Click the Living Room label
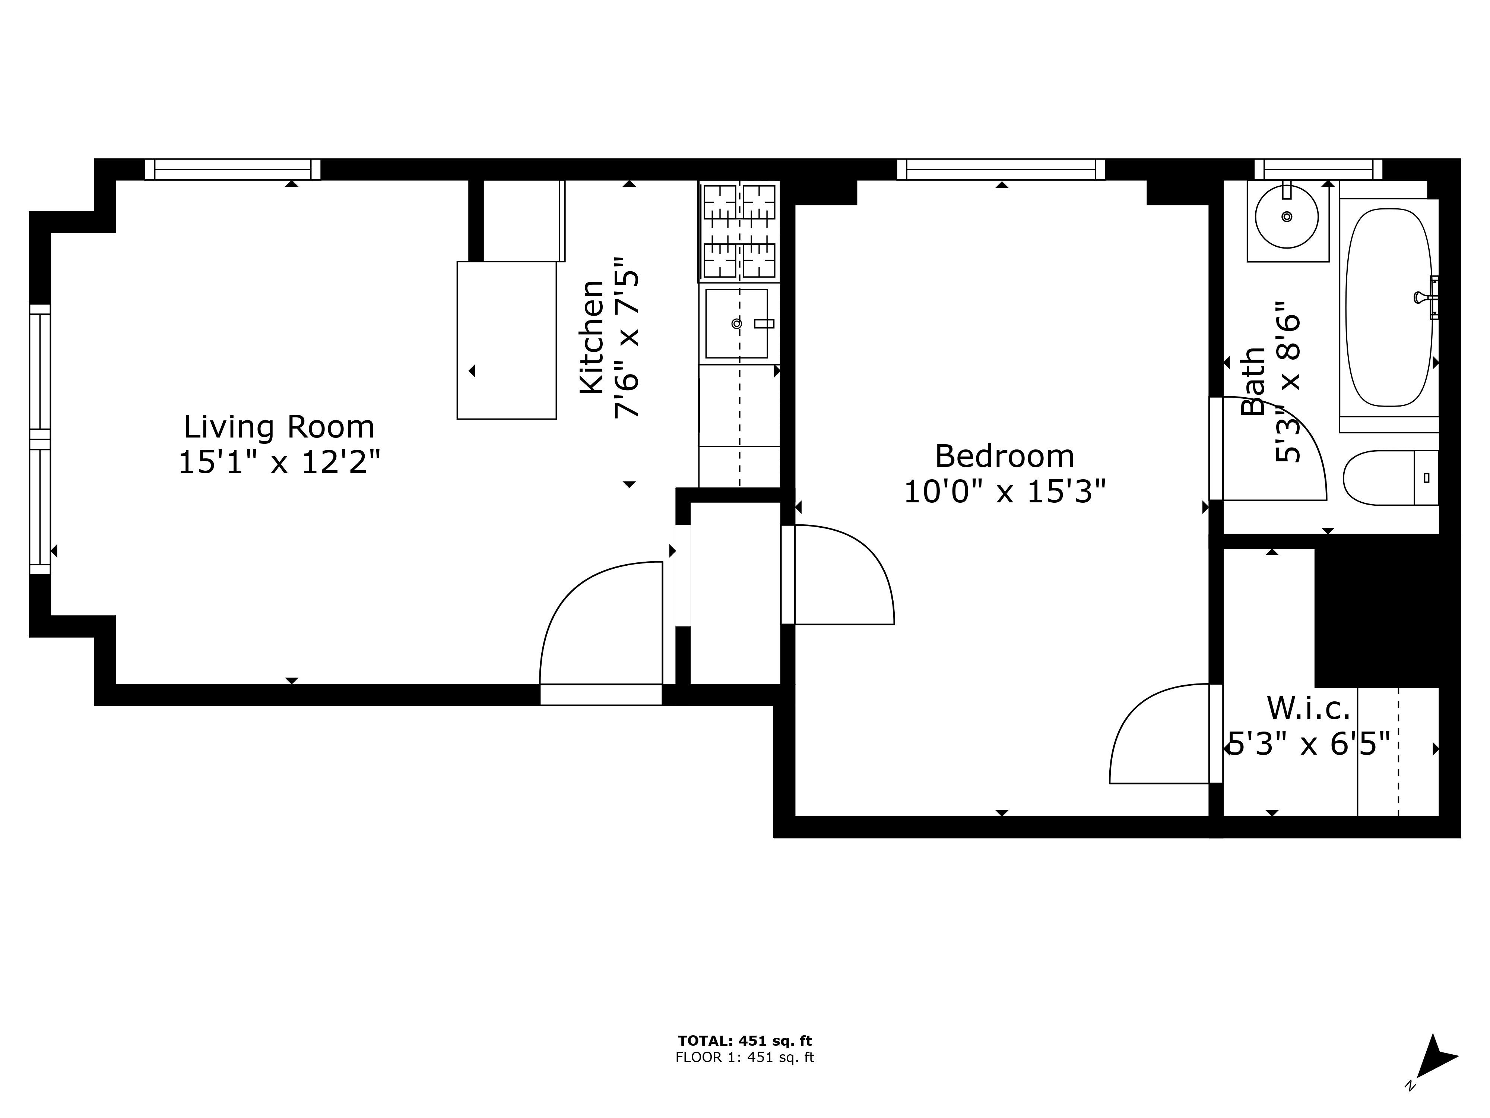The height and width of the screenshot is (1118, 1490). (x=279, y=427)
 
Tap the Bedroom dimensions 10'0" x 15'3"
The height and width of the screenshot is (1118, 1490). (x=1004, y=492)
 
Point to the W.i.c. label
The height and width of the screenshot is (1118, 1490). (x=1308, y=708)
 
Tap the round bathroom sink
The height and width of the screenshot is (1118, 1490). (x=1287, y=217)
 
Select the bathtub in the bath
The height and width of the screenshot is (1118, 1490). (x=1389, y=307)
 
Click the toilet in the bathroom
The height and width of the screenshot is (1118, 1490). (x=1390, y=478)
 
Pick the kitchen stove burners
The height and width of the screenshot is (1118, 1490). (x=740, y=231)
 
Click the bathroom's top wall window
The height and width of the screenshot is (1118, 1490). (x=1318, y=169)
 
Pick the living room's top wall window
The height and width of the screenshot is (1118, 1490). (x=233, y=169)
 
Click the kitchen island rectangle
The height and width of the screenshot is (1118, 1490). (x=507, y=340)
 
